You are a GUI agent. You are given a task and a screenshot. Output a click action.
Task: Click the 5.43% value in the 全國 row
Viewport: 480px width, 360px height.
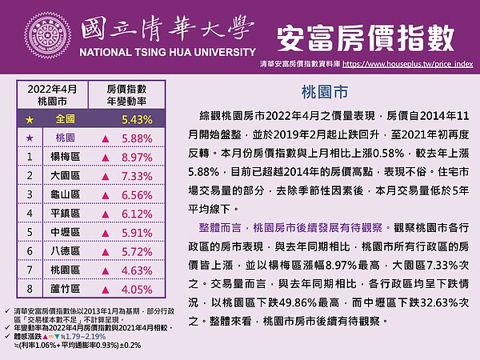[136, 119]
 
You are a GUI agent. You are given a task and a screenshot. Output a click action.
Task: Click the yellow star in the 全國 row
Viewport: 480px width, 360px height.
[29, 119]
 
